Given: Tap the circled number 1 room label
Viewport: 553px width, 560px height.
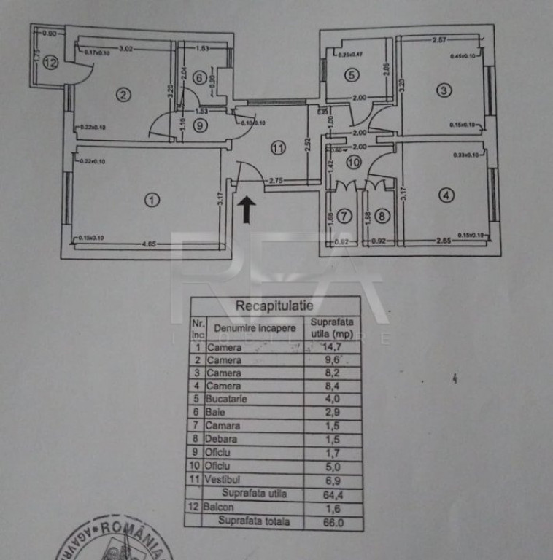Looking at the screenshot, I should click(151, 199).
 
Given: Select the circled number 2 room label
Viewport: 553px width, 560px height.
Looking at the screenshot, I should click(124, 93).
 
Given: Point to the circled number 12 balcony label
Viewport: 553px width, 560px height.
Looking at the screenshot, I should click(50, 63).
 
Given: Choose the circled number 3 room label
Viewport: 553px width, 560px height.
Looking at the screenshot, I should click(444, 90).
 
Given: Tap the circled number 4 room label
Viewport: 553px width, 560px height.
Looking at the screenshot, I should click(446, 195).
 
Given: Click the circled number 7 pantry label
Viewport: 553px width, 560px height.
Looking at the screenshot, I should click(344, 216).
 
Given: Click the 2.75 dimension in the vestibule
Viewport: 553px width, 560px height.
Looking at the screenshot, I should click(276, 179).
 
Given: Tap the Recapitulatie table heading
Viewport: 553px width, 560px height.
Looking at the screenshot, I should click(274, 306).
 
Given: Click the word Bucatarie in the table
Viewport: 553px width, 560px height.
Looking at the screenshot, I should click(227, 399).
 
